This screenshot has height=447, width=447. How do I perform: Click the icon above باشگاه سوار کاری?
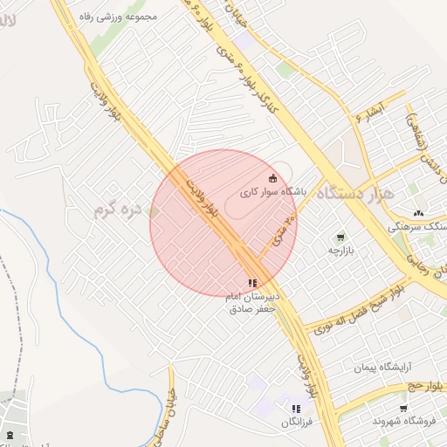tap(272, 177)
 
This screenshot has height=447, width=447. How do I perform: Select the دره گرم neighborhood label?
tap(117, 209)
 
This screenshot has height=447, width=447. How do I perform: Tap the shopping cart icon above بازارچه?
tap(340, 237)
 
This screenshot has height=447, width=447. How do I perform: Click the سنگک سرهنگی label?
tap(422, 226)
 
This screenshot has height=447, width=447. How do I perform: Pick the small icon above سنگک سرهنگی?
tap(418, 213)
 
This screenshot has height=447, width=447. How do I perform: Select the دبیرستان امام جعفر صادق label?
tap(252, 302)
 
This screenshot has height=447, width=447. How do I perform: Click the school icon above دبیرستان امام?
tap(252, 283)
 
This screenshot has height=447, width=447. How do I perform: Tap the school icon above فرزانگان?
tap(296, 409)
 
